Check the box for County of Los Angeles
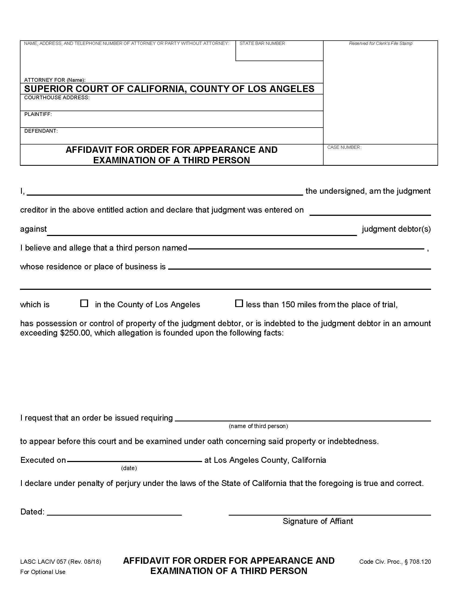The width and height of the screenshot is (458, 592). (x=84, y=303)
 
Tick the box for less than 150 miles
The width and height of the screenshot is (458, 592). (x=238, y=303)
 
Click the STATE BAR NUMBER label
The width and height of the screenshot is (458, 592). (x=262, y=43)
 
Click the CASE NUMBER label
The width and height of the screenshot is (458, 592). (x=344, y=147)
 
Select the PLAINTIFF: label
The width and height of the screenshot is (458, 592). (x=38, y=114)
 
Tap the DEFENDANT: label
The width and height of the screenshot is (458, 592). (x=41, y=131)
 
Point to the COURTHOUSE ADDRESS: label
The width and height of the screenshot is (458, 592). (x=57, y=98)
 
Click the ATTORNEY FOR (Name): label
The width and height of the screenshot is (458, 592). (x=55, y=80)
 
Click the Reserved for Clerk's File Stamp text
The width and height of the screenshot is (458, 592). (x=380, y=43)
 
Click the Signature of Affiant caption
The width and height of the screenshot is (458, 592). (x=318, y=521)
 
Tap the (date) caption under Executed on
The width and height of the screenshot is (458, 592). (x=129, y=468)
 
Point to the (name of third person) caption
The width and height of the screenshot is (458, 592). (x=258, y=426)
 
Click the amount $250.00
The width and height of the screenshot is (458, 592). (x=75, y=333)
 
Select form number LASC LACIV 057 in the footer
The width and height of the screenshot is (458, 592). (x=43, y=562)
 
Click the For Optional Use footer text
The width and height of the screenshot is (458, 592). (x=43, y=572)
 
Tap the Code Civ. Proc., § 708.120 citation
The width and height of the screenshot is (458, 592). (x=395, y=562)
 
